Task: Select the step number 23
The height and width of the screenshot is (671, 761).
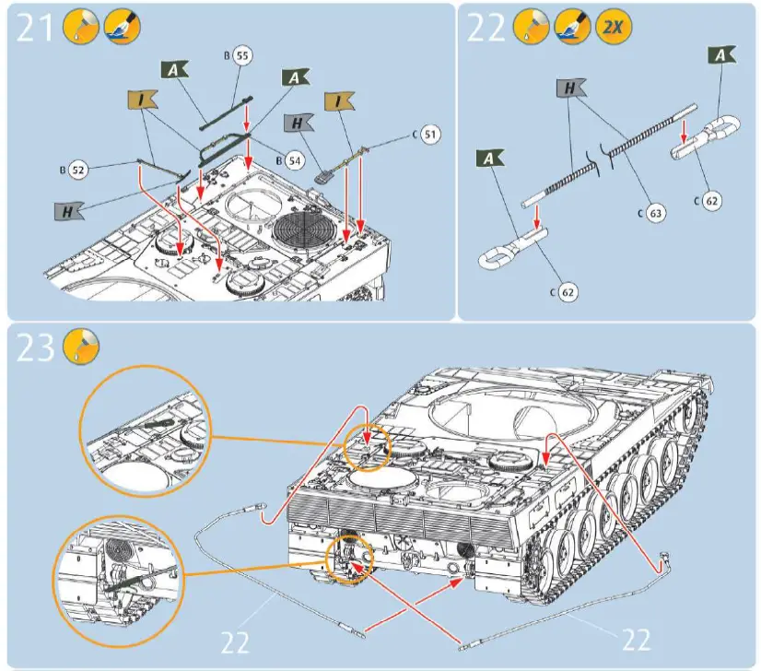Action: point(34,349)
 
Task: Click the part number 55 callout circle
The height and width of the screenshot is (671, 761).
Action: point(241,56)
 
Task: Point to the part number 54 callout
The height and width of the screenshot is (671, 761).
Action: point(293,159)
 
